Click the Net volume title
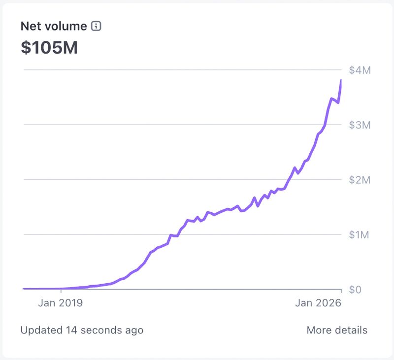[x=54, y=27]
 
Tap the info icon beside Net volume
[x=97, y=27]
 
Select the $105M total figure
[x=49, y=48]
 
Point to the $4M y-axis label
[x=360, y=70]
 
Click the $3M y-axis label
[x=360, y=125]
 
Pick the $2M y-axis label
[x=360, y=180]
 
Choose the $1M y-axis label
[x=360, y=234]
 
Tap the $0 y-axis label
[x=356, y=290]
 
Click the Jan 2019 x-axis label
[x=61, y=303]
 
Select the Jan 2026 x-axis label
[x=318, y=303]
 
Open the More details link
[x=337, y=330]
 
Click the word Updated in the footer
[x=41, y=330]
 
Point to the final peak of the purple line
[x=341, y=80]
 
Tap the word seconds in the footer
[x=103, y=330]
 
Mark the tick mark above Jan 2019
[x=61, y=291]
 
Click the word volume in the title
[x=66, y=27]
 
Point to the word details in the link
[x=351, y=330]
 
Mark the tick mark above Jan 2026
[x=341, y=291]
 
